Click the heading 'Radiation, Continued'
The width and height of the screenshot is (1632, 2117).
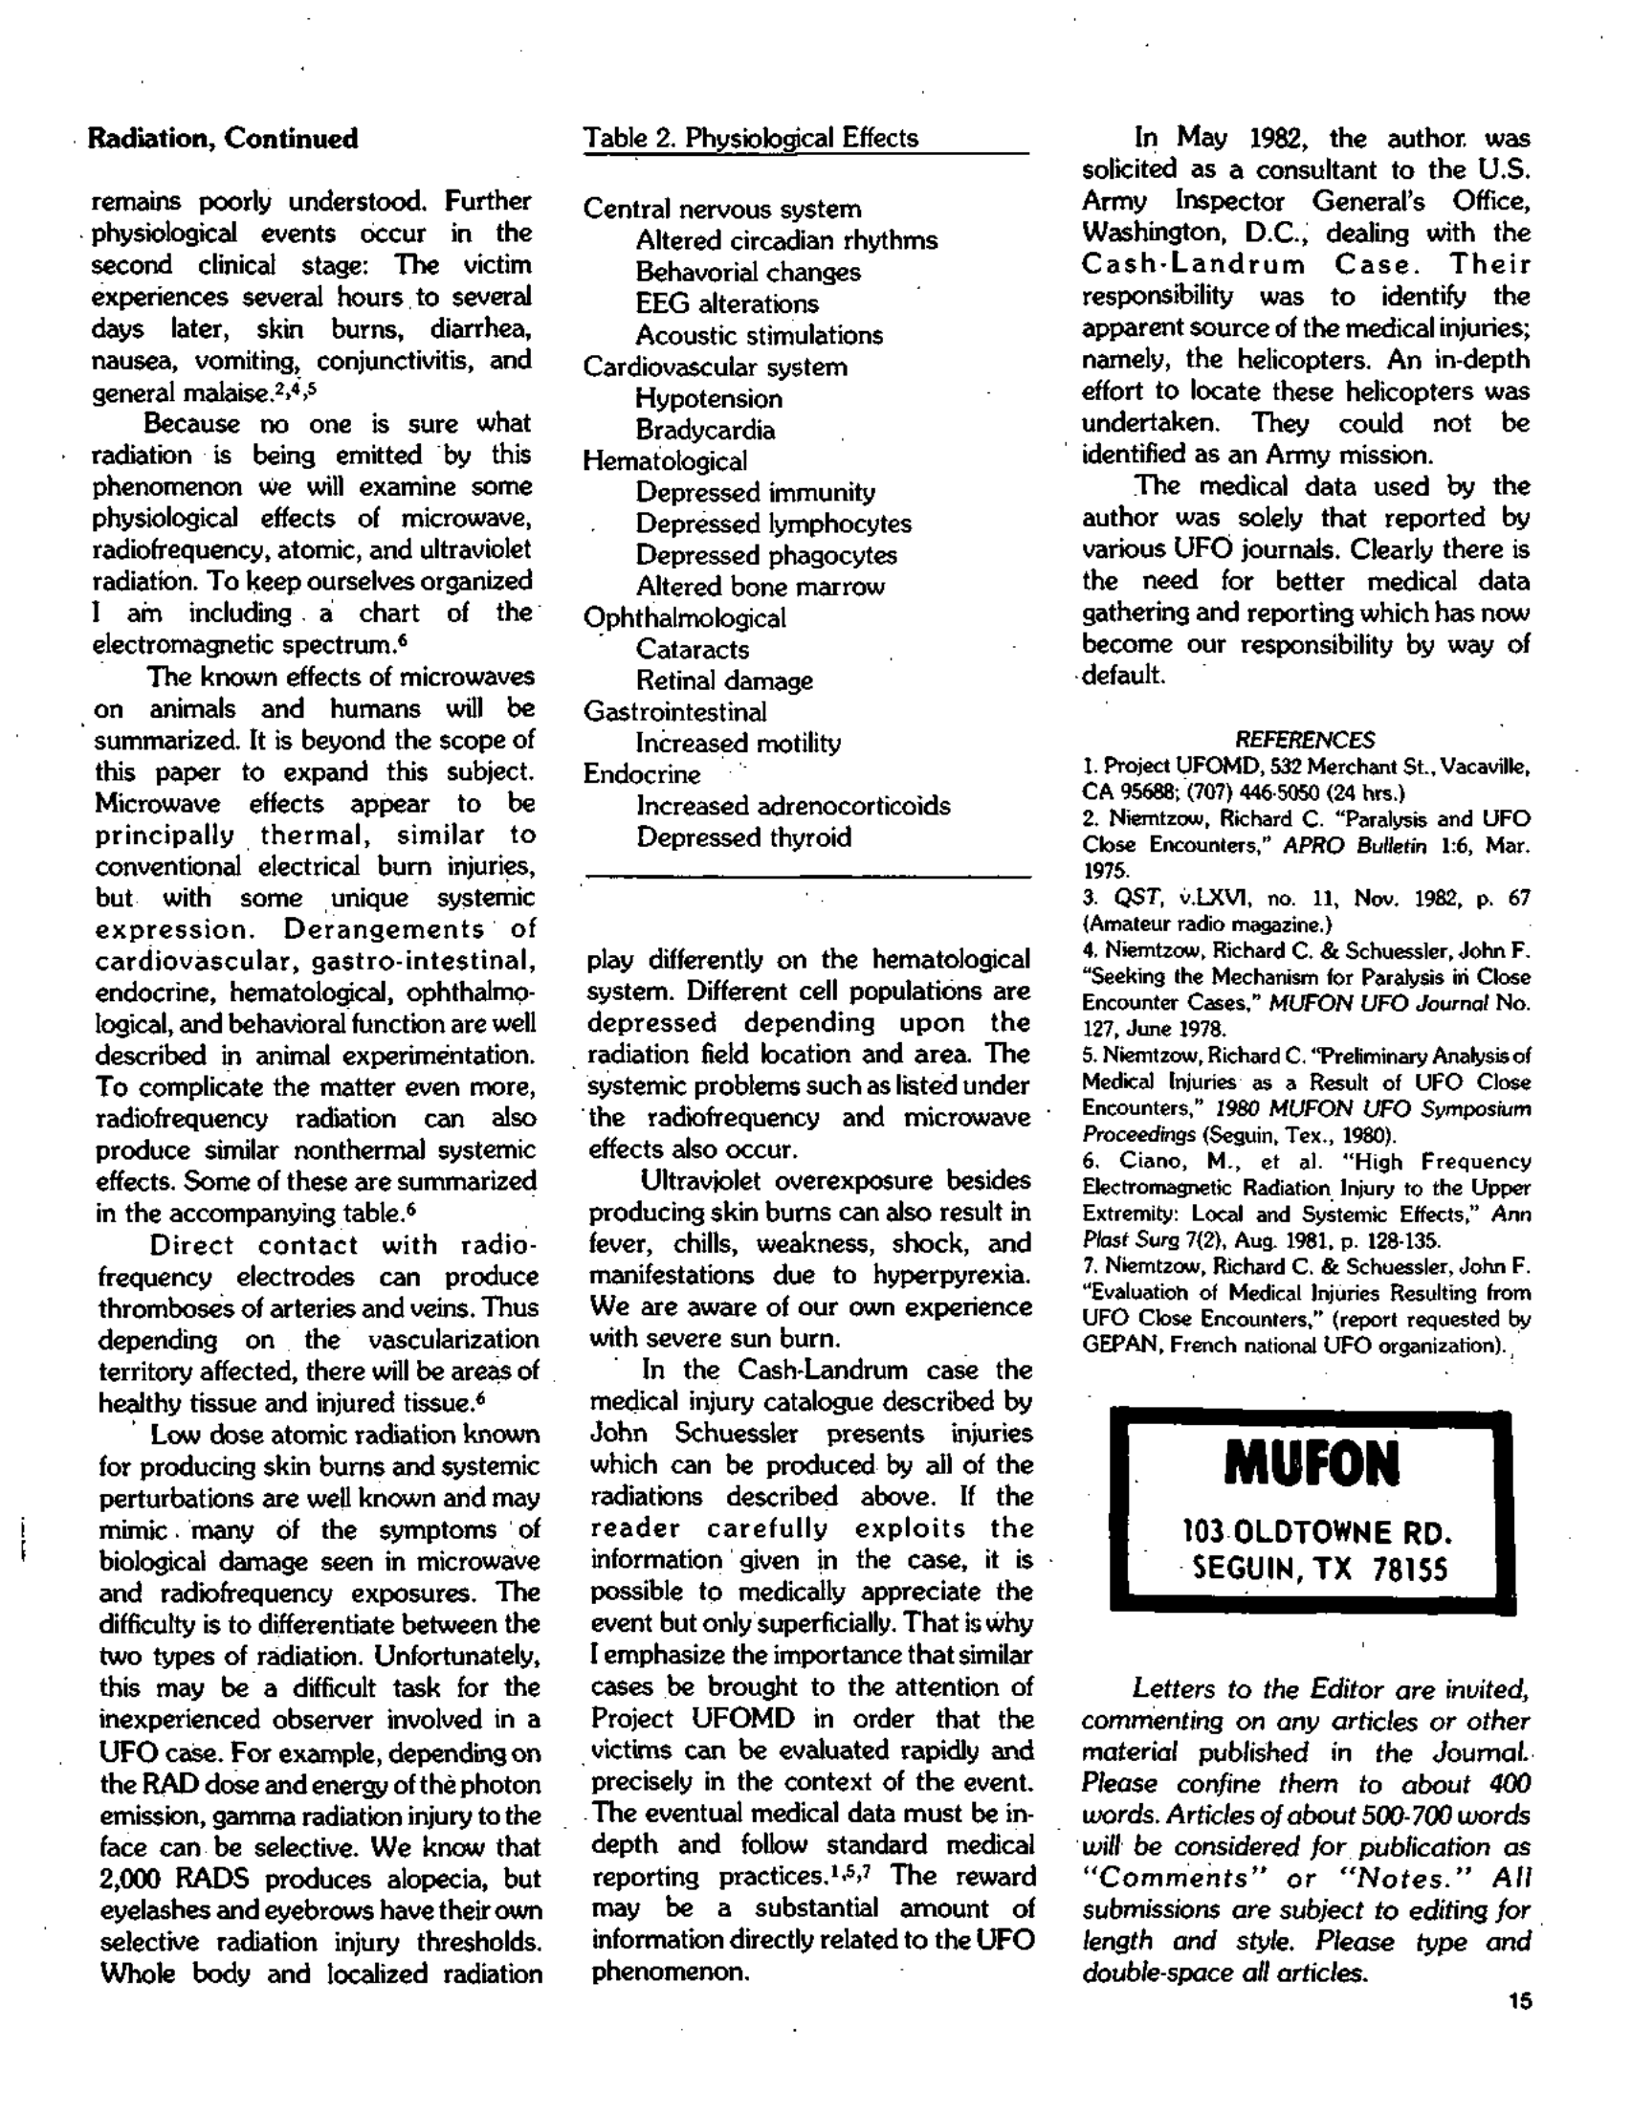(223, 139)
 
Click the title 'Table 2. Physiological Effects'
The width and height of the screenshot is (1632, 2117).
(750, 138)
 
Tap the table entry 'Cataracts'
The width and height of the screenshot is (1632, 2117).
(692, 650)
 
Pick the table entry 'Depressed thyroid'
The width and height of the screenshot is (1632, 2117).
(743, 837)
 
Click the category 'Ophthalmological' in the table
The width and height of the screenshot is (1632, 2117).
(684, 618)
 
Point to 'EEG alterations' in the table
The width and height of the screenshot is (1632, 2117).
(726, 303)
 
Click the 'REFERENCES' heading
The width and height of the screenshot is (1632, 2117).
(1305, 741)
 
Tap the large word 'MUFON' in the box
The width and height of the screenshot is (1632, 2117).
(1312, 1464)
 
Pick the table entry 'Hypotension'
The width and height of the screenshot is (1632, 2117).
(709, 398)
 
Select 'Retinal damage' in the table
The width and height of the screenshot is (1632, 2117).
(724, 681)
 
